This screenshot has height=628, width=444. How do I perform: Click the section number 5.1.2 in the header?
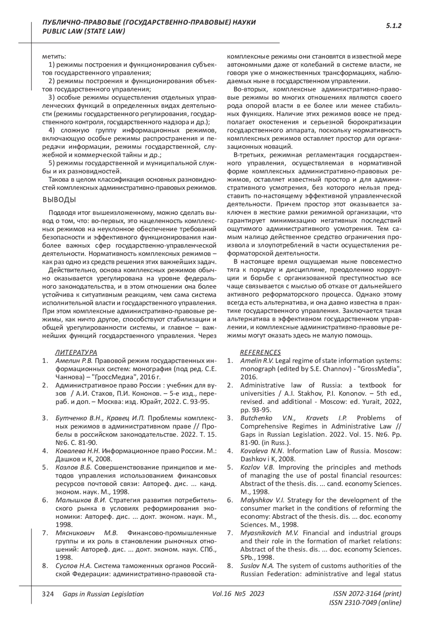[x=394, y=26]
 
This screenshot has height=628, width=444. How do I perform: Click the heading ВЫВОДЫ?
[x=59, y=200]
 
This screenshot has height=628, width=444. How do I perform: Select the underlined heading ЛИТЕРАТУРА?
[x=76, y=352]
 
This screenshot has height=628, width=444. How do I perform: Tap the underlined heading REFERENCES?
[x=260, y=352]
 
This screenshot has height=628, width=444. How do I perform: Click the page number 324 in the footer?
[x=48, y=594]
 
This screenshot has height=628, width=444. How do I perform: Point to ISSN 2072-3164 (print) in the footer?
[x=367, y=594]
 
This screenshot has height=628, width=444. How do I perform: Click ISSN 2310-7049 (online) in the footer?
[x=365, y=603]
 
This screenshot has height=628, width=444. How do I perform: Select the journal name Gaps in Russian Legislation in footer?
[x=103, y=594]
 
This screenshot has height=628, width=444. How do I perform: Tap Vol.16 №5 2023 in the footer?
[x=238, y=594]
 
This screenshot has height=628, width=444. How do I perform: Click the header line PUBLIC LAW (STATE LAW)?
[x=84, y=31]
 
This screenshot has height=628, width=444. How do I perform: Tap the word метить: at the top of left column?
[x=54, y=57]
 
